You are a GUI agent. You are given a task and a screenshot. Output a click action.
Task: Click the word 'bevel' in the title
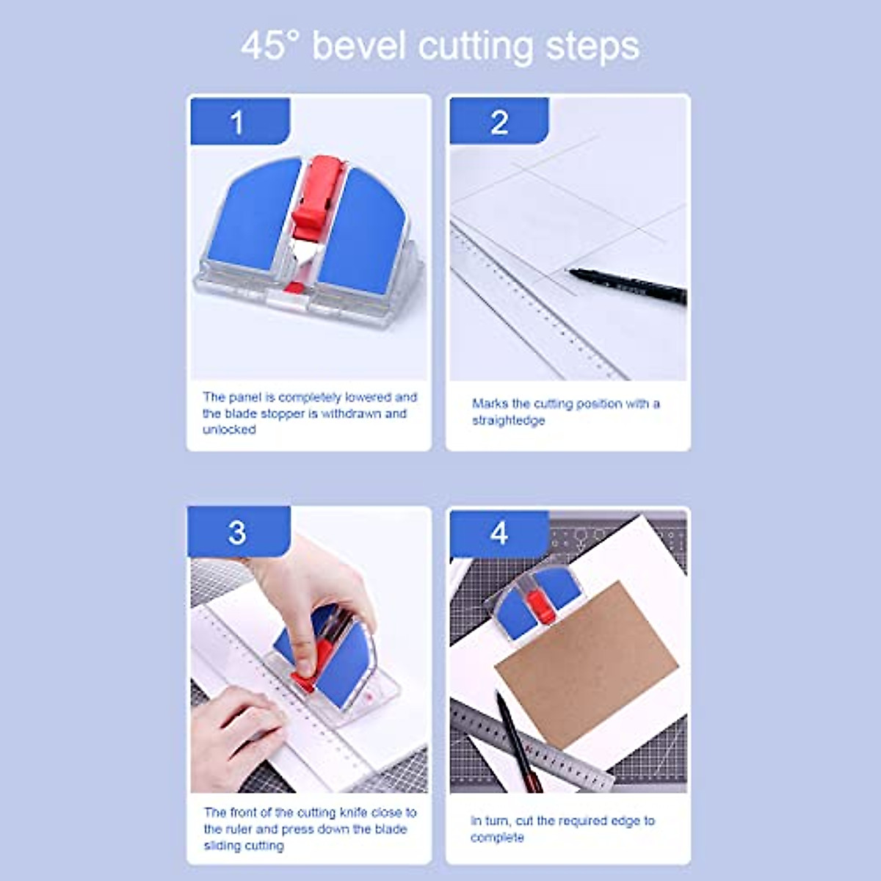pyautogui.click(x=358, y=46)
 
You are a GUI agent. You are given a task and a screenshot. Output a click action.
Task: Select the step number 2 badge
pyautogui.click(x=499, y=122)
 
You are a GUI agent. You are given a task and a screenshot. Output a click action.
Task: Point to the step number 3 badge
pyautogui.click(x=238, y=532)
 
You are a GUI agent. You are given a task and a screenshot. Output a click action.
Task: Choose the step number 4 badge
pyautogui.click(x=499, y=532)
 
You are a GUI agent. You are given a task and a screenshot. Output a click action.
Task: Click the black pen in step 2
pyautogui.click(x=628, y=284)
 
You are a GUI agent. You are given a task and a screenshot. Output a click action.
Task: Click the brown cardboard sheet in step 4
pyautogui.click(x=587, y=661)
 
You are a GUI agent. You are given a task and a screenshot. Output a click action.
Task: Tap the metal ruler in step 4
pyautogui.click(x=536, y=745)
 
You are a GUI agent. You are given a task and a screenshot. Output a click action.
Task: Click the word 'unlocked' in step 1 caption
pyautogui.click(x=229, y=430)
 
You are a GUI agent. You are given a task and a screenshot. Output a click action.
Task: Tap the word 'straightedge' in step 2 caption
pyautogui.click(x=508, y=421)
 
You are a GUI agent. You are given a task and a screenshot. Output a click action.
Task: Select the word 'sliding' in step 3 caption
pyautogui.click(x=223, y=846)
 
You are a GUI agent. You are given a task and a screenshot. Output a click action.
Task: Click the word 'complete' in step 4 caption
pyautogui.click(x=497, y=838)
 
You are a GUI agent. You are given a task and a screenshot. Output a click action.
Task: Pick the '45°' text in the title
pyautogui.click(x=269, y=46)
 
